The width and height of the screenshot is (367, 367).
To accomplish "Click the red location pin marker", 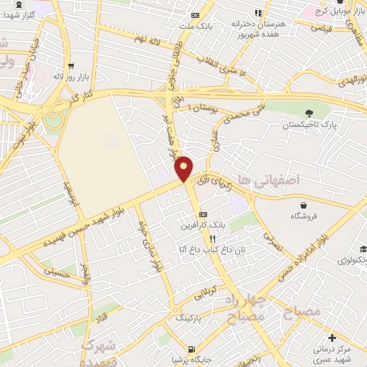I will [x=184, y=168].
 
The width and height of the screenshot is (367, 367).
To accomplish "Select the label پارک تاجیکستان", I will [x=309, y=125].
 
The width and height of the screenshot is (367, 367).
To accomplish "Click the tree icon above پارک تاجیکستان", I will [x=309, y=113].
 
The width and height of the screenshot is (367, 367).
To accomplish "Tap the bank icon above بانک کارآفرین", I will [x=203, y=214].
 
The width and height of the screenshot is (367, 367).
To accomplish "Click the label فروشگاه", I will [x=304, y=215].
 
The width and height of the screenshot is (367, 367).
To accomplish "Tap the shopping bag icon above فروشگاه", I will [x=304, y=204].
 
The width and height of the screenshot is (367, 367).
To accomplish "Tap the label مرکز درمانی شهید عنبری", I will [x=330, y=352].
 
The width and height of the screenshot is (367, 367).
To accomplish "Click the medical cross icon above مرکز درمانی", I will [x=330, y=337].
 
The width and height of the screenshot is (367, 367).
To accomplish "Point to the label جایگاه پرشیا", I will [x=189, y=359].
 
